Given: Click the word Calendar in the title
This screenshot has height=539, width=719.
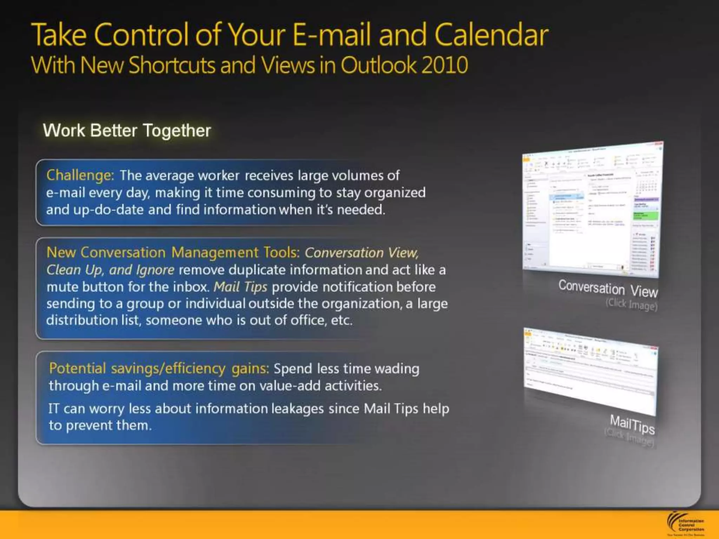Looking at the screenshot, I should click(491, 35).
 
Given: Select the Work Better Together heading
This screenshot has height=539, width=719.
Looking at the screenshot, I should click(127, 131).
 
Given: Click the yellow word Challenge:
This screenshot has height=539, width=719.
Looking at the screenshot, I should click(80, 175).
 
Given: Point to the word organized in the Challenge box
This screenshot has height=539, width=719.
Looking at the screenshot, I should click(395, 193).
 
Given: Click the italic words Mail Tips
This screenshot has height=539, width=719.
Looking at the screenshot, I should click(240, 287).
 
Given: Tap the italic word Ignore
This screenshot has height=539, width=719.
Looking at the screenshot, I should click(155, 270).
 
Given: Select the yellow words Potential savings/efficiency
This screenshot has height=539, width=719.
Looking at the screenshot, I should click(137, 368).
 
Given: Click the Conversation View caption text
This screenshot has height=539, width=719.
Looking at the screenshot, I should click(608, 288).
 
